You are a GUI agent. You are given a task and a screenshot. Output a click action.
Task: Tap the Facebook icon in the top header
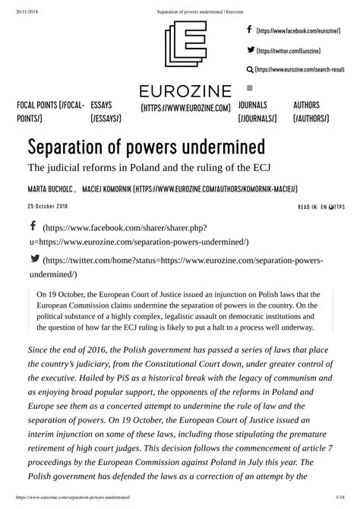250,30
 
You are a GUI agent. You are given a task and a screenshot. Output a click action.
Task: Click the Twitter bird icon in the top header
251,49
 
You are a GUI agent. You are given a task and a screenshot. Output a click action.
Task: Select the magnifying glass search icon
250,69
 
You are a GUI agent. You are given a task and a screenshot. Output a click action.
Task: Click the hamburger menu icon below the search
250,87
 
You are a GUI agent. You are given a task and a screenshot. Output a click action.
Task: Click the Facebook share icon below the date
33,226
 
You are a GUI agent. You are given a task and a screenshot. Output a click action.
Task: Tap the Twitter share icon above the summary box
34,259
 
